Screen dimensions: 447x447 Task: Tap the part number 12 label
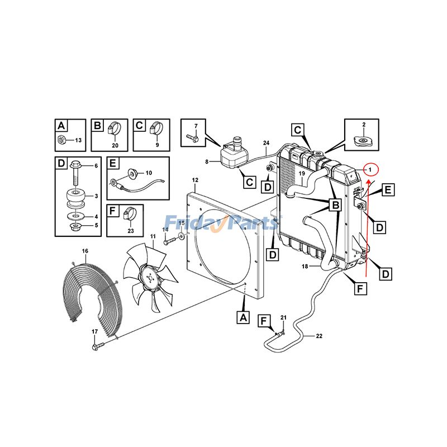(196, 180)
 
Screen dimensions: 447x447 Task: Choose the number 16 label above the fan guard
(85, 251)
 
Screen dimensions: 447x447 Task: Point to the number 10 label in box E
(148, 174)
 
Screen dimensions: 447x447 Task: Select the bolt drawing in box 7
(193, 137)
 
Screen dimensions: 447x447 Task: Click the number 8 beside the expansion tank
(206, 161)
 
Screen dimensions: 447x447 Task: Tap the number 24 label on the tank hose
(267, 144)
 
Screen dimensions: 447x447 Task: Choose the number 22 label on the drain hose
(320, 336)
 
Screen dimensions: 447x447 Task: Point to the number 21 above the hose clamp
(283, 318)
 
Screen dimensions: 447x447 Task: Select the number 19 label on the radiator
(301, 174)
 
